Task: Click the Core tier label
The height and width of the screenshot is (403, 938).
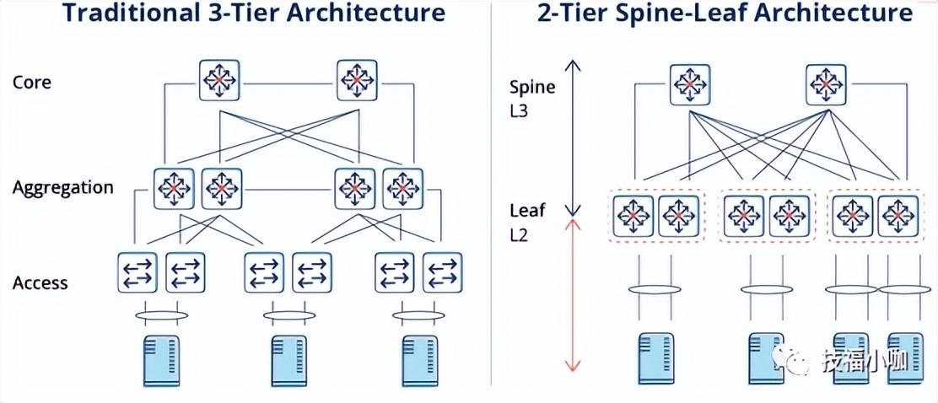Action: (32, 83)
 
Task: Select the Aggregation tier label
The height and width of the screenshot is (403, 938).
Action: (62, 187)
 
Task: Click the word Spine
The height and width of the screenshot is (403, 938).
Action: (533, 86)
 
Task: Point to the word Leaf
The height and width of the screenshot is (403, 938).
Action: (527, 210)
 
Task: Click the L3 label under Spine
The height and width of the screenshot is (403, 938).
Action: (519, 110)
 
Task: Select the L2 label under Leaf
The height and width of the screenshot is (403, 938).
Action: (519, 234)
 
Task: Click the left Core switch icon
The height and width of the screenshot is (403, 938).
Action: (220, 81)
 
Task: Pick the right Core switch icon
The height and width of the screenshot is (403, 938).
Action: (358, 81)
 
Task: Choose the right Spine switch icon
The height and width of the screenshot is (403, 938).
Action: (827, 84)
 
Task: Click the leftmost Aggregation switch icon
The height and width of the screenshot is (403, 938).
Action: (174, 189)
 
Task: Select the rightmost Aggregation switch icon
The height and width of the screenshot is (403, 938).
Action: (403, 189)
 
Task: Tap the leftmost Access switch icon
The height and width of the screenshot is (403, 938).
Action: (137, 272)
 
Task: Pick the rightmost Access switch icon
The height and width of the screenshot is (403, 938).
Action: (442, 272)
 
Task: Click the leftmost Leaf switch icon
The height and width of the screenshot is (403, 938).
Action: (633, 216)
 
